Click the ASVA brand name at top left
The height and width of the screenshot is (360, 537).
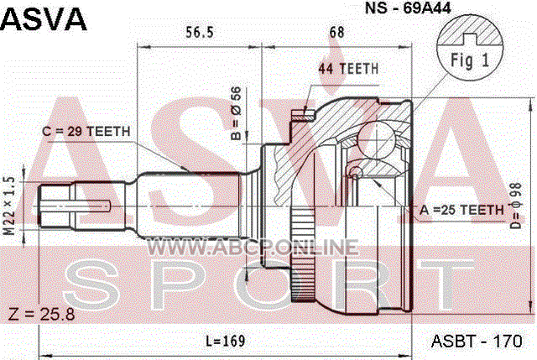pos(44,19)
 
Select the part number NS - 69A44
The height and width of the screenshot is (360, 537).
pos(408,8)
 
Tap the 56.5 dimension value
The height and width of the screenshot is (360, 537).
pos(200,33)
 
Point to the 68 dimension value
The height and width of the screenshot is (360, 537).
pos(336,33)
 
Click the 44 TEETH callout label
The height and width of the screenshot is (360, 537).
pos(348,69)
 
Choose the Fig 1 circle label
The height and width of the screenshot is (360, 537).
pos(470,60)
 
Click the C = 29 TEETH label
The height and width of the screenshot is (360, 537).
pos(86,131)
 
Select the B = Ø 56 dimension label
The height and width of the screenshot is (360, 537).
pos(236,114)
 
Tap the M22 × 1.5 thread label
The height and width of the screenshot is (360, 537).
pos(10,206)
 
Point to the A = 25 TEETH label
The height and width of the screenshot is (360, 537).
pos(462,210)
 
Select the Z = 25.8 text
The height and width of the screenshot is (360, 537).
pos(41,315)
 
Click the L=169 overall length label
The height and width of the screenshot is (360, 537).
pos(226,341)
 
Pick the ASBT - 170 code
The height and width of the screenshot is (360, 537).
pos(477,342)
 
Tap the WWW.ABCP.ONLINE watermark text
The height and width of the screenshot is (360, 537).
pos(253,248)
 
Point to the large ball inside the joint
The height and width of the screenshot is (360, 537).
pos(376,138)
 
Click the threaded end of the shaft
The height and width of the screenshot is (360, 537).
pos(55,206)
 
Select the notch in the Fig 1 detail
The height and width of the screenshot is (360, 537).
pos(470,39)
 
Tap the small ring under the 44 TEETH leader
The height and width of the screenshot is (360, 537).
pos(356,171)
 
